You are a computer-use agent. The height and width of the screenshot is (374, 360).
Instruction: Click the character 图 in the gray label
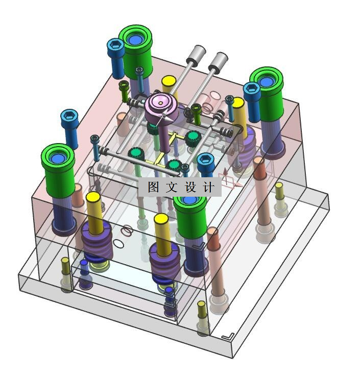(153, 187)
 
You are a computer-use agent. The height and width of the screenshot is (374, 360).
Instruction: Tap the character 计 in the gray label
(209, 187)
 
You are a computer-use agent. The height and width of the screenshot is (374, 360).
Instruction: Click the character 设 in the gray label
(190, 187)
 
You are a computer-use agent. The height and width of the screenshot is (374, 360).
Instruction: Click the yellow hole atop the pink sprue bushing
(161, 103)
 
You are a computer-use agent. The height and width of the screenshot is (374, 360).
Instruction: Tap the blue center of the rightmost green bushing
(267, 82)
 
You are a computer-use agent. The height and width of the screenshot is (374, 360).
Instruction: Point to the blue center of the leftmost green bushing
(57, 158)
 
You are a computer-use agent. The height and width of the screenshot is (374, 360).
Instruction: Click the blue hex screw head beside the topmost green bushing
(115, 45)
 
